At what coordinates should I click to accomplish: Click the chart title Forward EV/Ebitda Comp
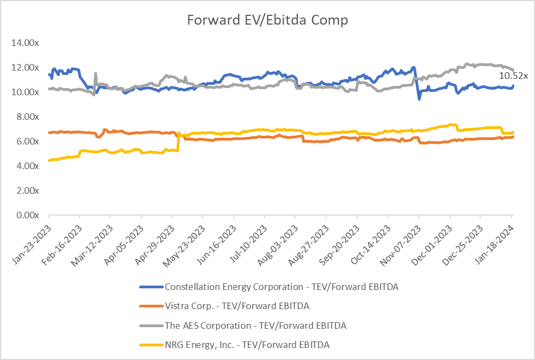coord(267,20)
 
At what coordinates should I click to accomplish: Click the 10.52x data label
coord(513,76)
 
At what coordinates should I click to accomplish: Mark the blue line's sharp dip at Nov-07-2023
coord(419,98)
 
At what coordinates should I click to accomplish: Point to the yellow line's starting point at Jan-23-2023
coord(49,160)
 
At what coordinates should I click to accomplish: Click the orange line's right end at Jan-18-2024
coord(513,137)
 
